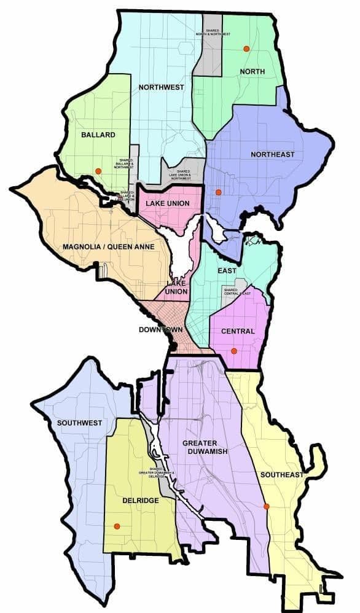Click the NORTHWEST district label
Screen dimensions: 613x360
(161, 87)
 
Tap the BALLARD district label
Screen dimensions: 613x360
(98, 135)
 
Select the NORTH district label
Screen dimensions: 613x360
(252, 72)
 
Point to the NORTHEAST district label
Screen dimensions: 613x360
(273, 154)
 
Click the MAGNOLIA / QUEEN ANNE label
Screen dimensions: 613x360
(108, 248)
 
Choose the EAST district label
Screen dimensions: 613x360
(227, 270)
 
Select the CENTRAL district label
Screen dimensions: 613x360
(237, 332)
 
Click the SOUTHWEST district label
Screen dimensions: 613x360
(79, 423)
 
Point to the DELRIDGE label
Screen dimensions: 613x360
(141, 501)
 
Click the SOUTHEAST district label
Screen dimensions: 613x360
(282, 475)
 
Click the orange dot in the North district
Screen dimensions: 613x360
(246, 49)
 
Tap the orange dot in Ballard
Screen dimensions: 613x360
(98, 171)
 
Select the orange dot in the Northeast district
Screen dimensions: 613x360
(218, 192)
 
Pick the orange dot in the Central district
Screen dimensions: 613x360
(233, 351)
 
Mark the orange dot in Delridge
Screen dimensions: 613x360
(116, 526)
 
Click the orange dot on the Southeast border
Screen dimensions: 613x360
(266, 506)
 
